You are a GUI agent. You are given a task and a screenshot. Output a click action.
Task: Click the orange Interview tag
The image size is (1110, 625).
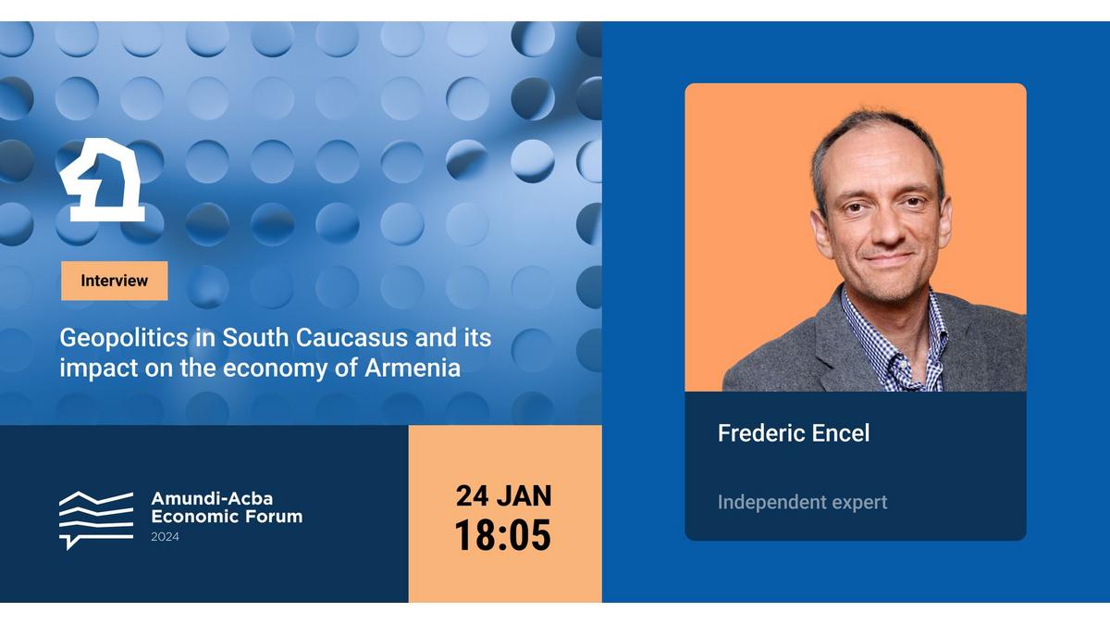tap(115, 281)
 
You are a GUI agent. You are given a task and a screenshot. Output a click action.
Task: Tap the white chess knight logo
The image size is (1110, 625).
tap(103, 180)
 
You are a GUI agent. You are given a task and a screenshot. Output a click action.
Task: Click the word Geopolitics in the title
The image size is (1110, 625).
tap(124, 339)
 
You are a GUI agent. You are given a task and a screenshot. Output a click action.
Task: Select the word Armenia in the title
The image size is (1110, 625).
tap(413, 369)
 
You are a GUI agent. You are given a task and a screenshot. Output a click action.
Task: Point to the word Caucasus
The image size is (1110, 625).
tap(352, 338)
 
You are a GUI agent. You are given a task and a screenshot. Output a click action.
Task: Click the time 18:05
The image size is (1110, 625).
tap(502, 535)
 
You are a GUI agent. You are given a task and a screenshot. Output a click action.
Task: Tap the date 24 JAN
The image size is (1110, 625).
tap(503, 495)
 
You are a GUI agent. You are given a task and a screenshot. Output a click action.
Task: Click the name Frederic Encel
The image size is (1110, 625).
tap(794, 433)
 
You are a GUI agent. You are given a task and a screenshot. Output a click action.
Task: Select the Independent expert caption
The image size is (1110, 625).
tap(802, 503)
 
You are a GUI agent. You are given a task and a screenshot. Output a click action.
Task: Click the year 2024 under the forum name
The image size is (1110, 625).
tap(165, 537)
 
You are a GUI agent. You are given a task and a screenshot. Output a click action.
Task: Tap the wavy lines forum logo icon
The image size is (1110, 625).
tap(96, 520)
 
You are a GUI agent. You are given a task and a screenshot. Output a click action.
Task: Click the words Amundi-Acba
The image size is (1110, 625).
tap(212, 498)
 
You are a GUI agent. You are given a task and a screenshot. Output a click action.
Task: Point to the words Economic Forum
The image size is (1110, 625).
tap(227, 517)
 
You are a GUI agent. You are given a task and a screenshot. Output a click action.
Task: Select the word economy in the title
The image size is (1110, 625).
tap(275, 369)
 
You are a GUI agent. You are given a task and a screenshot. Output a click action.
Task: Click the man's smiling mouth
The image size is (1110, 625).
tap(890, 259)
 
